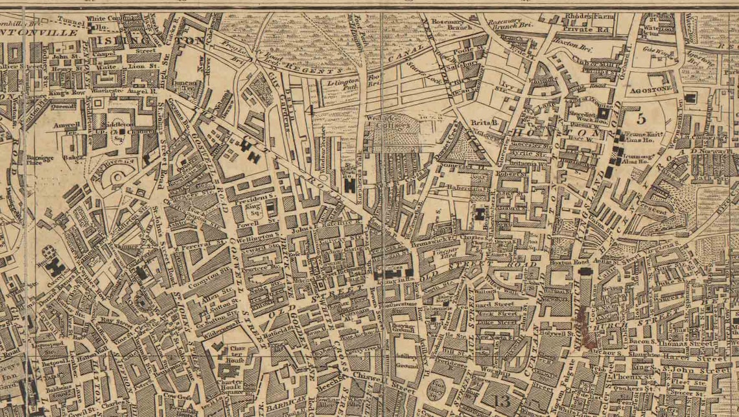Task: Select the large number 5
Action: [x=641, y=118]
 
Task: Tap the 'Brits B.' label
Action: [x=484, y=122]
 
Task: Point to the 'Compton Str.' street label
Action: [x=205, y=282]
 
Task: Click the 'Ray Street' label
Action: [x=116, y=320]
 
